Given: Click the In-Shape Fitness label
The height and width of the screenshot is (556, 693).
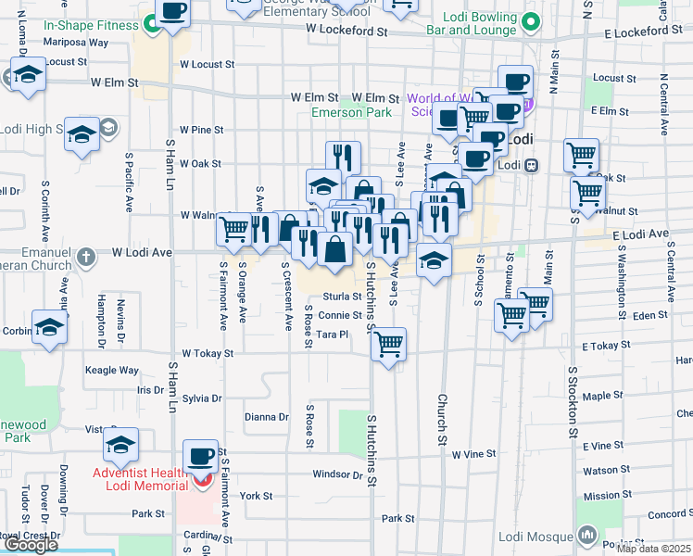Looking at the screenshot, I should (x=90, y=24).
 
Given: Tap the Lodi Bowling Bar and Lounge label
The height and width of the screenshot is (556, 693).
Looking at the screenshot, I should (x=471, y=23).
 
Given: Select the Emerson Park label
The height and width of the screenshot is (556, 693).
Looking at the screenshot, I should (x=351, y=112).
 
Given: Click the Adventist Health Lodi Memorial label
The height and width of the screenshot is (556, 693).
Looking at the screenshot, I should (x=145, y=479).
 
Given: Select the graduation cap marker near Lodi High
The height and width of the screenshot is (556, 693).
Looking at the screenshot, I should (x=82, y=136).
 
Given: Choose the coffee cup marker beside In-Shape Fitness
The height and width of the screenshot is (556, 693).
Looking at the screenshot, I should (x=172, y=12).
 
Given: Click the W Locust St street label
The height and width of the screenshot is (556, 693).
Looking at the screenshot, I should (x=208, y=65).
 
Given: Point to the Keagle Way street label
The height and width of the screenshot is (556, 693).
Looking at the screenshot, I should (x=111, y=371).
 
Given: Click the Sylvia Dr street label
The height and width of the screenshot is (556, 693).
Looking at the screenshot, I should (x=202, y=398).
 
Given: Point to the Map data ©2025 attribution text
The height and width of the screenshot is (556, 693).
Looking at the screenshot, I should (x=654, y=549).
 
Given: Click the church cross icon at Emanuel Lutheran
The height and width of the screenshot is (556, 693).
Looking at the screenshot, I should (x=86, y=256).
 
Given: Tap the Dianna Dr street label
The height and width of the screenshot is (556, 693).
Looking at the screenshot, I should (x=267, y=417).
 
